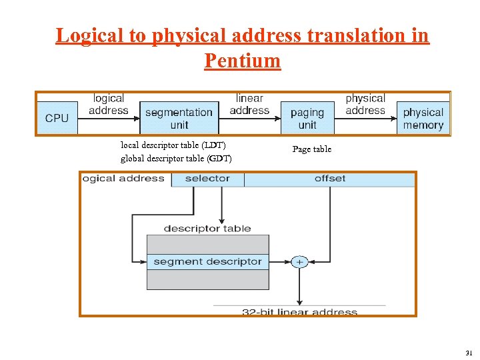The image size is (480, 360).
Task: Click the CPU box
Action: (x=57, y=118)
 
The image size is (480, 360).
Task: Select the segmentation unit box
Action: (x=179, y=118)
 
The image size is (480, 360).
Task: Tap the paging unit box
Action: (x=307, y=118)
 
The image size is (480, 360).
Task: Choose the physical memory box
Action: (x=423, y=118)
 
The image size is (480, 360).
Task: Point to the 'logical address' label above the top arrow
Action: (x=108, y=104)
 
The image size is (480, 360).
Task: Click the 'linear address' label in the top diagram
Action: (x=249, y=104)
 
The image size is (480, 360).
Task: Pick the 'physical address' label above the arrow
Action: (x=365, y=104)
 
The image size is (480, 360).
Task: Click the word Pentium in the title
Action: (x=243, y=61)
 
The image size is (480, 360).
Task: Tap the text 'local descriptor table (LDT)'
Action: (x=173, y=145)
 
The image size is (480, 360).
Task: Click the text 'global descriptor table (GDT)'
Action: (x=176, y=158)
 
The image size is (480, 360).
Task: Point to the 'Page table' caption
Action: (x=311, y=149)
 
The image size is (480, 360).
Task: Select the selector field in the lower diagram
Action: (x=207, y=179)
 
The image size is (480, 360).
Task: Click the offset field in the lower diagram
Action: (x=330, y=179)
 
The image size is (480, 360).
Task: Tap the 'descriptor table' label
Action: (x=207, y=229)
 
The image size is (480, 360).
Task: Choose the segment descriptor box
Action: (x=207, y=262)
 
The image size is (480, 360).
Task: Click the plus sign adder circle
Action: (x=299, y=262)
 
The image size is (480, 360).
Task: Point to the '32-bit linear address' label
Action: (x=299, y=311)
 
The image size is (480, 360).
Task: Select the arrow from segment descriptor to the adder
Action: (x=280, y=262)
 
